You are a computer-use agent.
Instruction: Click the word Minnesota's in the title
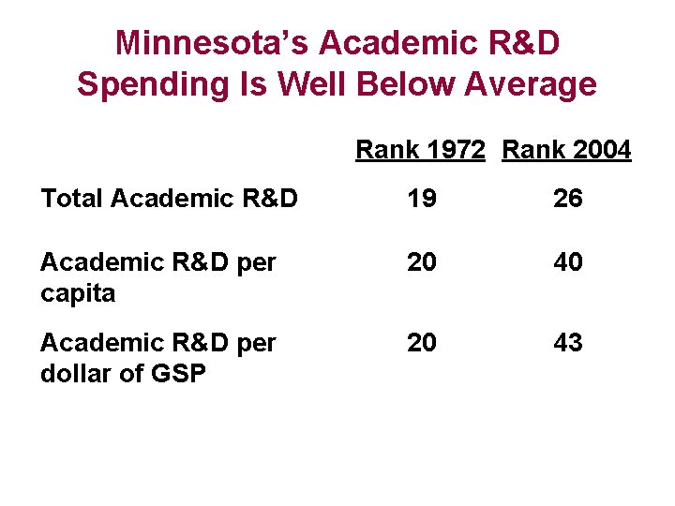point(212,42)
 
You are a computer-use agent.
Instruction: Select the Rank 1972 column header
point(420,150)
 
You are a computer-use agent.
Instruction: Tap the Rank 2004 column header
point(566,150)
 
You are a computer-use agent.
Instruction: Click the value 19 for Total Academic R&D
point(422,199)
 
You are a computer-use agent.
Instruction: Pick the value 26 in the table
point(568,199)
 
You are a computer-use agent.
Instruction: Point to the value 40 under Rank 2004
point(568,261)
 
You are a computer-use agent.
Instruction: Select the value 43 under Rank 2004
point(568,343)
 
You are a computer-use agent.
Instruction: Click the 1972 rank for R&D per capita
point(422,261)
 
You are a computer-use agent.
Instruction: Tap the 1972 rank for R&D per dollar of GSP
point(422,343)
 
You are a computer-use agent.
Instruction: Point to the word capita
point(78,294)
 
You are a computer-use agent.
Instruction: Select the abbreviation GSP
point(178,373)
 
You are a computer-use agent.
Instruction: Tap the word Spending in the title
point(153,84)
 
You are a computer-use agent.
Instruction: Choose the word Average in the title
point(531,84)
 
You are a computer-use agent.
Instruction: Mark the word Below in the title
point(406,83)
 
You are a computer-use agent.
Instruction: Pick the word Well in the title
point(311,83)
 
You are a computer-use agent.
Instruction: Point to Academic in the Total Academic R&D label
point(172,199)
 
